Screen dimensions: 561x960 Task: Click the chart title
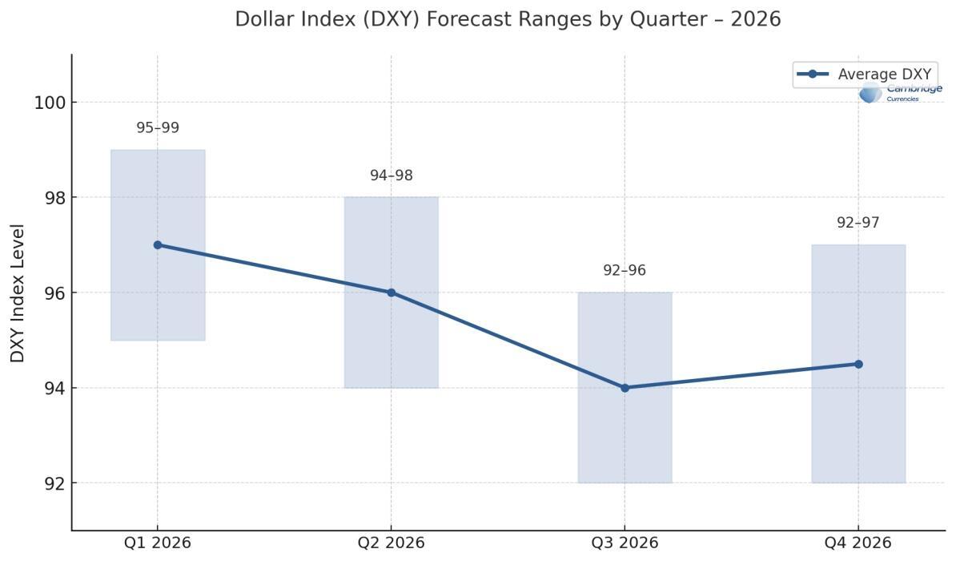point(508,19)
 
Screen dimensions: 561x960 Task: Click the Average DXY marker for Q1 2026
point(158,245)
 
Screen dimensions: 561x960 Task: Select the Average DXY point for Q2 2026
point(391,293)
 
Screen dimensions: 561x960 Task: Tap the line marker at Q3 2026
point(625,388)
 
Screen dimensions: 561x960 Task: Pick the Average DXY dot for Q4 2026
point(858,364)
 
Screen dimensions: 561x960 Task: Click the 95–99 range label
point(158,128)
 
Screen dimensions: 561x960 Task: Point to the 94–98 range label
point(391,176)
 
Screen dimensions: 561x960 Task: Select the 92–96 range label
point(625,271)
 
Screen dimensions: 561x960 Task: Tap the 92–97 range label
point(858,223)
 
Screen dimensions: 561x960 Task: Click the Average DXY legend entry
point(865,75)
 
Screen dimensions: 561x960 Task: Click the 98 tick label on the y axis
point(54,198)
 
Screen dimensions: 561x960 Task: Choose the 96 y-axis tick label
point(54,293)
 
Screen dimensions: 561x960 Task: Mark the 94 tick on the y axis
point(54,388)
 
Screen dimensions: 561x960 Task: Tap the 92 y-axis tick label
point(54,483)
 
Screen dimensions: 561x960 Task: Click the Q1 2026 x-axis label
point(158,543)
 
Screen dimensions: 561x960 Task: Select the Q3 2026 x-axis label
point(625,543)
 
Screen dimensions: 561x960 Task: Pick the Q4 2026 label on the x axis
point(858,543)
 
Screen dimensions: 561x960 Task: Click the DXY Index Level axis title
point(18,293)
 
